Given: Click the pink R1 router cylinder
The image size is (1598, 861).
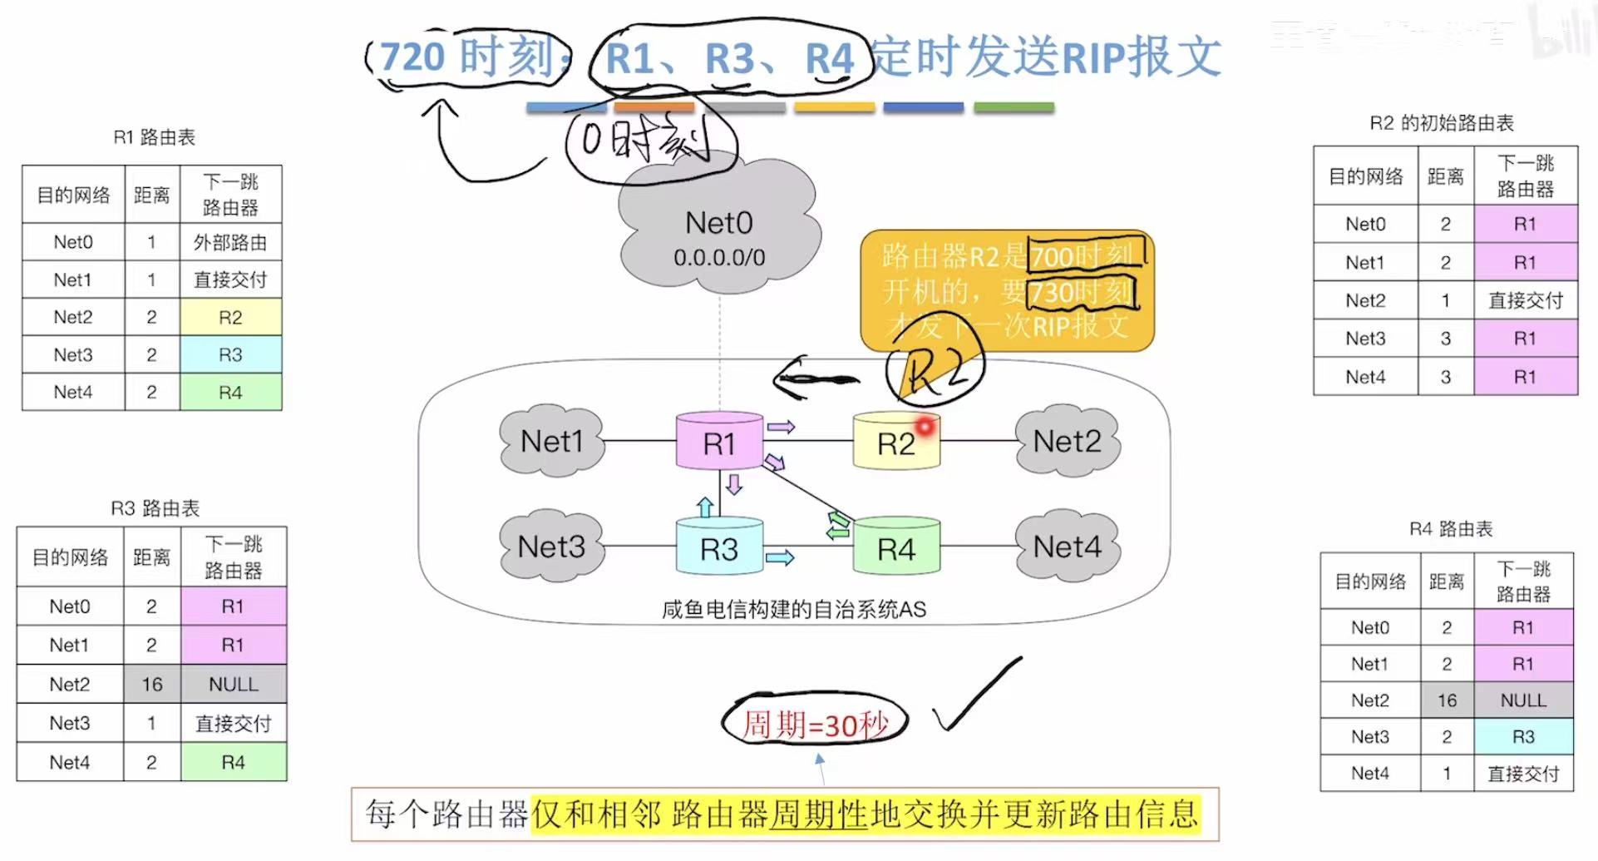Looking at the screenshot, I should pos(719,442).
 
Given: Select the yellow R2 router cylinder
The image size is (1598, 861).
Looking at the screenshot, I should pos(895,442).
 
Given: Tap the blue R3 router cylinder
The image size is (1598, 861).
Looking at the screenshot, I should pos(719,547).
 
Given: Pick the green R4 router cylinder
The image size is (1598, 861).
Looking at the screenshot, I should pos(896,547).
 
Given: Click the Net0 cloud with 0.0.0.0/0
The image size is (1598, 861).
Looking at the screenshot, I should pos(719,233).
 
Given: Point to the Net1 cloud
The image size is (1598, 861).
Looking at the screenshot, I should pos(551,442).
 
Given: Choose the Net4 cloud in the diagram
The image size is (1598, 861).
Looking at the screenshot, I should pos(1067,547).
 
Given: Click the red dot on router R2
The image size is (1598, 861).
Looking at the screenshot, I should pos(925,427).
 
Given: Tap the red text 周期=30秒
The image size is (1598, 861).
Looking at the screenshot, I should pos(815,724).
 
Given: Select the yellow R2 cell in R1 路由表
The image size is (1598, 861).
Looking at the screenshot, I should pos(230,317).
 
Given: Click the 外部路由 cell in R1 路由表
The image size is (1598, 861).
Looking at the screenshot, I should pos(230,242).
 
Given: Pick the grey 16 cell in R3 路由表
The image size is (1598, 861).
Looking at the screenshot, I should pos(151,684).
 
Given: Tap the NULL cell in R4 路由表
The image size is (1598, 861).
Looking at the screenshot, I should pos(1523,700).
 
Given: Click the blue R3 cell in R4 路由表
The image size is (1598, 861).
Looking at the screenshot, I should pos(1523,737).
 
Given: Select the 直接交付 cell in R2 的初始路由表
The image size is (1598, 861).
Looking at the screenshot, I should pos(1525,300).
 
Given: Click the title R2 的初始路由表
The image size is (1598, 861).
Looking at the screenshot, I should pos(1442,123).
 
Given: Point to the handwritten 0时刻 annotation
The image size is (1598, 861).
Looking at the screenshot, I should pos(649,141).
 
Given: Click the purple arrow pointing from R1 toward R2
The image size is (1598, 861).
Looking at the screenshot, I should pos(781,427).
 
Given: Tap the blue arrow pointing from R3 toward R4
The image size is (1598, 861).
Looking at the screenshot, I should pos(780,557).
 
